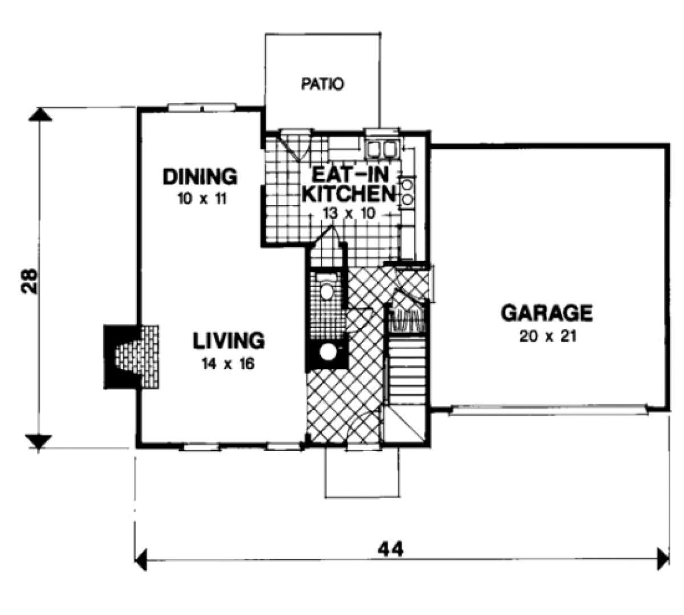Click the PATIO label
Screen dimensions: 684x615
(x=322, y=84)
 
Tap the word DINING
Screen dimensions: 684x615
(x=200, y=177)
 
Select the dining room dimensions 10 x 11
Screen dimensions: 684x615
(x=202, y=199)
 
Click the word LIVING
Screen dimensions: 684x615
(x=229, y=341)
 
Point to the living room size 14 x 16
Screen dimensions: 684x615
(x=228, y=364)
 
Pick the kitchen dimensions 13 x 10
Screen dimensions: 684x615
(x=349, y=214)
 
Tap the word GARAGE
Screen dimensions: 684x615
(x=547, y=313)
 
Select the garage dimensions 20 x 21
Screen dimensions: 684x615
(x=548, y=337)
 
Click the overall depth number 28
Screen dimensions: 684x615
(x=28, y=281)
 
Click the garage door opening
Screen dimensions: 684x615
(x=548, y=410)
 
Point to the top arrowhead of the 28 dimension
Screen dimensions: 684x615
(x=40, y=114)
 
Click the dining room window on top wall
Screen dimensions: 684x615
(x=202, y=107)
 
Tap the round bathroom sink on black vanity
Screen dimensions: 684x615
(x=328, y=352)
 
